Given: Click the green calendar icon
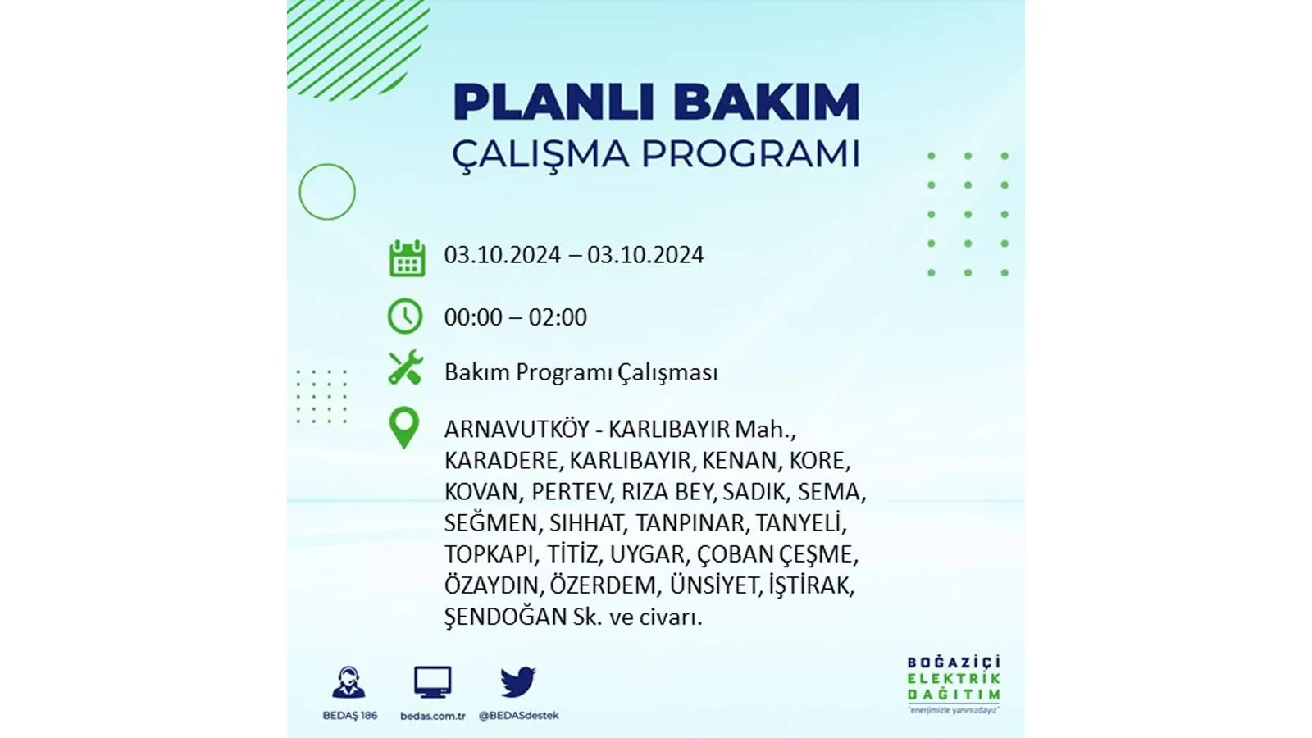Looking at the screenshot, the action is [x=407, y=257].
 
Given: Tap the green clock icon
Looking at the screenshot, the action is [x=405, y=317].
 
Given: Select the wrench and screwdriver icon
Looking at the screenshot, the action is [x=405, y=367].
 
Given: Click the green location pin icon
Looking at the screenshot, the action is [x=404, y=428].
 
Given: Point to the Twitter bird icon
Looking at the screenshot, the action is [x=517, y=681].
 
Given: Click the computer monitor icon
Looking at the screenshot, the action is [x=432, y=682].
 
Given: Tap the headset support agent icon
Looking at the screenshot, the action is [x=348, y=682].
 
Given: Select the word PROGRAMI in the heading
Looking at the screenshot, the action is [x=750, y=154].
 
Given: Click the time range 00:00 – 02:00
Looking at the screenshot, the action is [x=516, y=317].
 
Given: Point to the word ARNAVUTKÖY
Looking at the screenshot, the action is [x=516, y=430].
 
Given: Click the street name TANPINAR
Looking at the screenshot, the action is [x=690, y=523].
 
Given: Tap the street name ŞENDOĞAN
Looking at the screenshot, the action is [x=505, y=617].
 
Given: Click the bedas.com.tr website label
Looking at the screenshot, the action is [x=433, y=716].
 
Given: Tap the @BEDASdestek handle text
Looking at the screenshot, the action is [x=518, y=716].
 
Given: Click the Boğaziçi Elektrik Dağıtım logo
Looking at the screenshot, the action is [x=954, y=685].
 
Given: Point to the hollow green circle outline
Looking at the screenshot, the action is [x=299, y=192].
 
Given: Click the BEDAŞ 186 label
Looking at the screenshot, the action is [x=349, y=716].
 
